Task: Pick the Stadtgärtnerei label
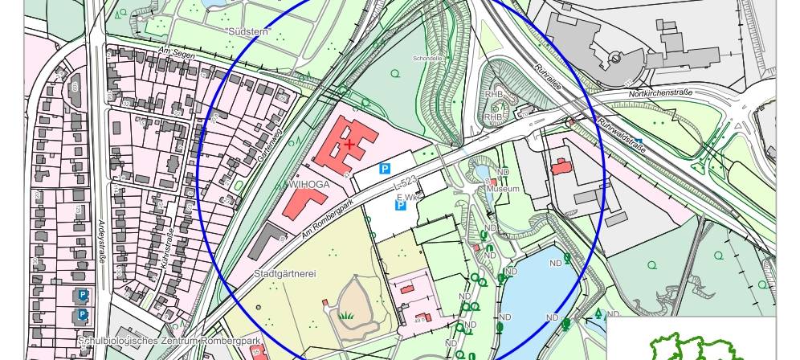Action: click(284, 274)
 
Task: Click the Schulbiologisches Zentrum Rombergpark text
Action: click(169, 341)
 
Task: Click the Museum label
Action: click(508, 189)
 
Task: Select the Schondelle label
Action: click(428, 59)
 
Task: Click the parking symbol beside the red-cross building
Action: click(385, 169)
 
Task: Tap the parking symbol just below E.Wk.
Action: click(400, 207)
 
